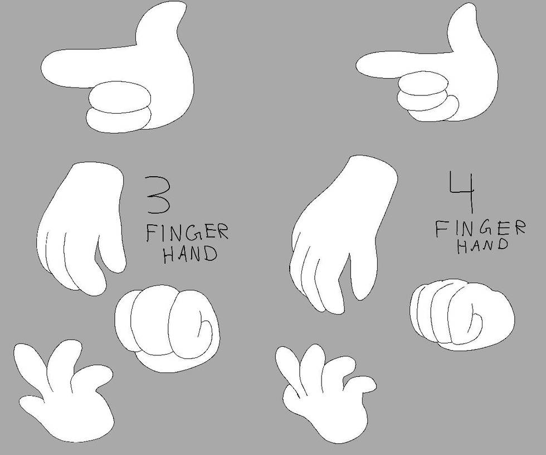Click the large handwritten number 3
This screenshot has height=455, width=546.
[157, 195]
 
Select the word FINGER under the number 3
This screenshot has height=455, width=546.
[187, 231]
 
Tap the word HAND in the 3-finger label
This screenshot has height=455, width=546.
[189, 254]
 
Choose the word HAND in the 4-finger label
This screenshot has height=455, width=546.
[482, 245]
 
